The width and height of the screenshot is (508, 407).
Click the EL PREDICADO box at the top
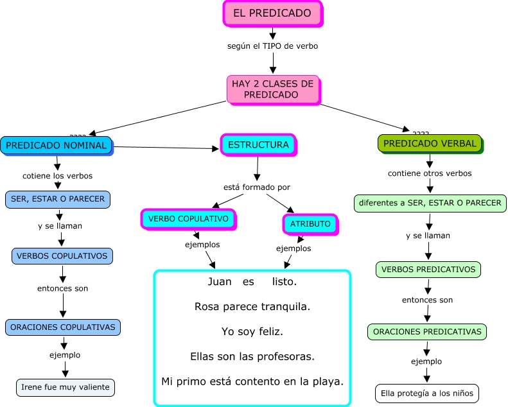pyautogui.click(x=272, y=13)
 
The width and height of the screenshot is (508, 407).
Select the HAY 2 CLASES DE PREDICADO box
pyautogui.click(x=272, y=89)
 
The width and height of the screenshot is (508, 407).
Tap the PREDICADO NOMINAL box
pyautogui.click(x=57, y=145)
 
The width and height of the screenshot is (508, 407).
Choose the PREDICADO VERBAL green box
pyautogui.click(x=430, y=144)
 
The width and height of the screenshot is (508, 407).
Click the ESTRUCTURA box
pyautogui.click(x=258, y=145)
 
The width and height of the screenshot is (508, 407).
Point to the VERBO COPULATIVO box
pyautogui.click(x=188, y=219)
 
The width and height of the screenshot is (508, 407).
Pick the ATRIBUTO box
pyautogui.click(x=310, y=224)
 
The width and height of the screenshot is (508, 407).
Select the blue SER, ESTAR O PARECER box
pyautogui.click(x=58, y=199)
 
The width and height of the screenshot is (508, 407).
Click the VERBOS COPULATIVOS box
pyautogui.click(x=62, y=255)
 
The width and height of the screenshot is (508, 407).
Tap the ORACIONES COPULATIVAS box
pyautogui.click(x=63, y=327)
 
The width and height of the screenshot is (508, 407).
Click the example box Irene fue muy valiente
pyautogui.click(x=66, y=387)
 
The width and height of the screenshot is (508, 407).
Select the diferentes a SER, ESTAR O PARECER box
pyautogui.click(x=430, y=203)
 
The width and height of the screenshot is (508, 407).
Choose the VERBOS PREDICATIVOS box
pyautogui.click(x=428, y=270)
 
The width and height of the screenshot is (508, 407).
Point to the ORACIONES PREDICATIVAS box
pyautogui.click(x=427, y=332)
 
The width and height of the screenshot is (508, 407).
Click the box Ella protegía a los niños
pyautogui.click(x=427, y=393)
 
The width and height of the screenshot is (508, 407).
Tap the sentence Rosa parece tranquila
pyautogui.click(x=252, y=307)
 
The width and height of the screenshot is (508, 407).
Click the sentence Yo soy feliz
pyautogui.click(x=252, y=331)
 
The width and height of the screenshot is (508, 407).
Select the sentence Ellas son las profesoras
pyautogui.click(x=252, y=356)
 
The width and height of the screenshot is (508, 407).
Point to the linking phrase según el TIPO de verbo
pyautogui.click(x=272, y=46)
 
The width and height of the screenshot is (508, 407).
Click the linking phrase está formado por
pyautogui.click(x=257, y=187)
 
